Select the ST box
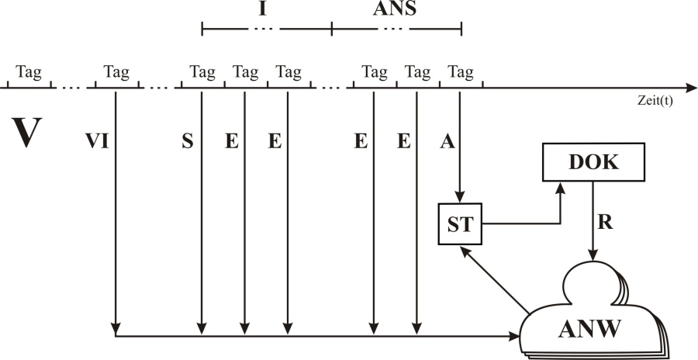click(459, 223)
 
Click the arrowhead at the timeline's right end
click(690, 88)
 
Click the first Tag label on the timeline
click(29, 73)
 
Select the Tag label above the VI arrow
click(116, 73)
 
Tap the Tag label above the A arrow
click(461, 73)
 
